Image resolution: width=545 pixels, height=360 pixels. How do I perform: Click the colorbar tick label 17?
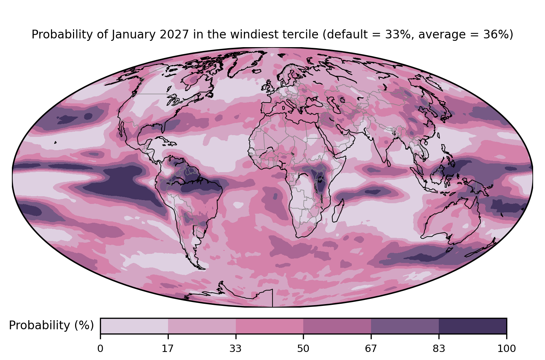tap(168, 349)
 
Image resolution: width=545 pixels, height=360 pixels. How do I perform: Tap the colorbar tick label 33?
tap(235, 349)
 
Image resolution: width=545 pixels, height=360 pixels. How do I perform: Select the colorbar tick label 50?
tap(303, 349)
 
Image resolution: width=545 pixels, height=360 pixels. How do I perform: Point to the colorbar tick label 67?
tap(371, 349)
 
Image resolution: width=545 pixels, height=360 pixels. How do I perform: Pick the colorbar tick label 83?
tap(439, 349)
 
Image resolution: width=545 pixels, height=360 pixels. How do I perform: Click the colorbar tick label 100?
tap(507, 349)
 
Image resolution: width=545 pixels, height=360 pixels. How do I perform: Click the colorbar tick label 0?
tap(100, 349)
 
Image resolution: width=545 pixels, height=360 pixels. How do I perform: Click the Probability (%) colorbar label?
tap(51, 325)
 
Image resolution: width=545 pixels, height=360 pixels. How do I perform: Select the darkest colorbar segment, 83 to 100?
tap(473, 326)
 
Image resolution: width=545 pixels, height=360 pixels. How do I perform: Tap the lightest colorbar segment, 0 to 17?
tap(134, 326)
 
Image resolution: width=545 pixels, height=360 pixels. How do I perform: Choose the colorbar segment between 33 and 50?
tap(269, 326)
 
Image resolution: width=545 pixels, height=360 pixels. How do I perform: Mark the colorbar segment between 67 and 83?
tap(405, 326)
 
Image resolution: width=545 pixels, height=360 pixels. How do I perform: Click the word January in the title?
tap(133, 35)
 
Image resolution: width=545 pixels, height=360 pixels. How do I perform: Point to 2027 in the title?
tap(174, 34)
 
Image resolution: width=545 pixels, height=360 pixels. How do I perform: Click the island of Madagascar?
tap(338, 211)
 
